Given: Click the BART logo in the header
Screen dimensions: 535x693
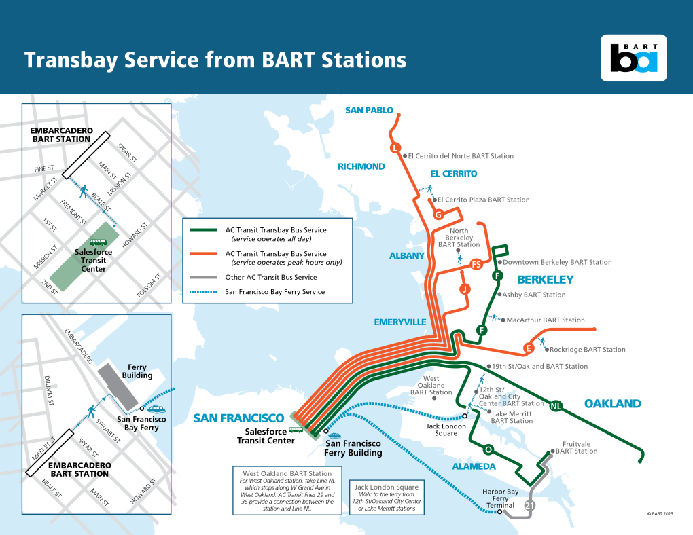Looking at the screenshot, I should click(633, 58).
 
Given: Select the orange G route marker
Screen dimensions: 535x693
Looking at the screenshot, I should click(439, 215).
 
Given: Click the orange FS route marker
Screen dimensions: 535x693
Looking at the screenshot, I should click(476, 264).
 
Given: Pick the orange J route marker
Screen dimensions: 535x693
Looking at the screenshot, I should click(465, 289).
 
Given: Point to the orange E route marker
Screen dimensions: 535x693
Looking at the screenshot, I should click(527, 349).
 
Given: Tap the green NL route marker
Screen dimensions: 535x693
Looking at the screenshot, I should click(556, 406).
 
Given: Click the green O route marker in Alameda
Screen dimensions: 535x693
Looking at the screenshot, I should click(488, 449).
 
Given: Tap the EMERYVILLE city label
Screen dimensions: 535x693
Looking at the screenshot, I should click(399, 322).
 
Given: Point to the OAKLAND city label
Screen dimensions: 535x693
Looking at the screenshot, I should click(612, 404).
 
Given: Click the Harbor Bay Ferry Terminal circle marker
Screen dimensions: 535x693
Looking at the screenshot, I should click(500, 513).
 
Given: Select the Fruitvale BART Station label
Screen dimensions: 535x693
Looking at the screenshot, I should click(576, 447).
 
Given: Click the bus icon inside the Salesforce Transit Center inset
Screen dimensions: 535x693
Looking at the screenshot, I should click(99, 242).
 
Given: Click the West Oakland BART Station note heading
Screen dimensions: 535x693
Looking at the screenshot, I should click(286, 473).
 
